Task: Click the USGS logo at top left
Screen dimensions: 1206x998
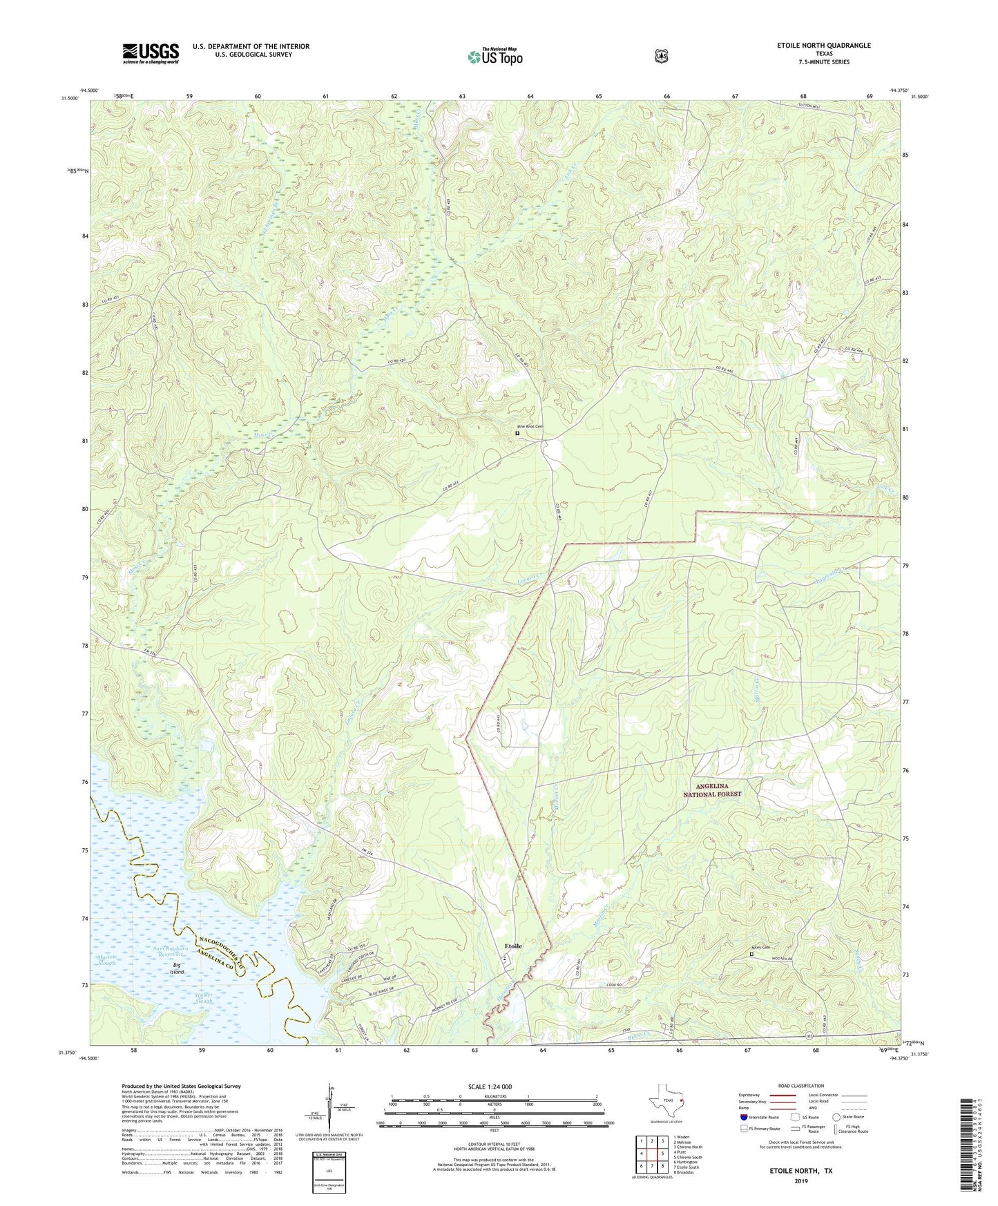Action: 151,53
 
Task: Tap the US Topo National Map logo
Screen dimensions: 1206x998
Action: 494,57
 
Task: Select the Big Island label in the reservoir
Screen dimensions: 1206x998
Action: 179,968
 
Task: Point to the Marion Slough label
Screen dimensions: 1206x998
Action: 108,959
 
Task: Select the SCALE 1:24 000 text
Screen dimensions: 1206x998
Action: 490,1087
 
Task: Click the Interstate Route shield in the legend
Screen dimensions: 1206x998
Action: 743,1117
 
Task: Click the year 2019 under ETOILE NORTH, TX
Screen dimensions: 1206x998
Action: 800,1180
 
